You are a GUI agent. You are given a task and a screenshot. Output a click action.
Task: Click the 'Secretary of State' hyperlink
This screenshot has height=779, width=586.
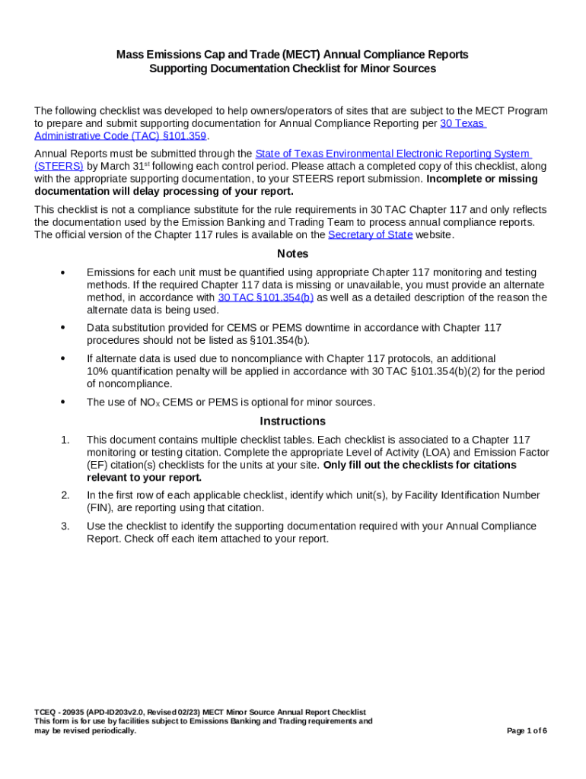coord(370,235)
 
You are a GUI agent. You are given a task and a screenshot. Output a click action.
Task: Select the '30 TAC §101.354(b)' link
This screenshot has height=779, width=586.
coord(265,297)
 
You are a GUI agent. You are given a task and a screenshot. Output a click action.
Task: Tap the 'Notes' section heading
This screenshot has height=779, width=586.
coord(292,253)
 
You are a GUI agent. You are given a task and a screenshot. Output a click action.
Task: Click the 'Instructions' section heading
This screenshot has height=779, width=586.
coord(292,421)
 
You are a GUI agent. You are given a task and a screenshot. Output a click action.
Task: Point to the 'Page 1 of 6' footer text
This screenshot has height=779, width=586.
coord(527,731)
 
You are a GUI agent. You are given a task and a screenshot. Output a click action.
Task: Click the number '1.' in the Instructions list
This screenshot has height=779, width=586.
coord(65,440)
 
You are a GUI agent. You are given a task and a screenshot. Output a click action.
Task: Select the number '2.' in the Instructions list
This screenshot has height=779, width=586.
coord(65,495)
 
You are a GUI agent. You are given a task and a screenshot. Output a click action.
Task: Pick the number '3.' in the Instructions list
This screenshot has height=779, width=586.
coord(65,526)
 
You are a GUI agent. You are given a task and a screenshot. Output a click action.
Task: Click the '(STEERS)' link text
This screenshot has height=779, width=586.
coord(59,166)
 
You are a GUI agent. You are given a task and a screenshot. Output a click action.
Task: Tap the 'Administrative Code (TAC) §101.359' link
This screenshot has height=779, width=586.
coord(120,135)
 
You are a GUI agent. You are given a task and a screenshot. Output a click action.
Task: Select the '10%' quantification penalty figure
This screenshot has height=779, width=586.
coord(97,371)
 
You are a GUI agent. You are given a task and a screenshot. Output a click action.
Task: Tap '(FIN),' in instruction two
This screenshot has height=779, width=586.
coord(101,507)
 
